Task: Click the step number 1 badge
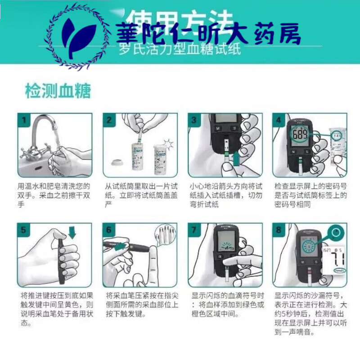[24, 120]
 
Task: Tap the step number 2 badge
[109, 120]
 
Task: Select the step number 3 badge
[194, 120]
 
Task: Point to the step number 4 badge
[279, 120]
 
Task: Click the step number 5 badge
[24, 229]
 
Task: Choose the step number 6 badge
[109, 229]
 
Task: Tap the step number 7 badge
[194, 229]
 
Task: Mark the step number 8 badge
[279, 229]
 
